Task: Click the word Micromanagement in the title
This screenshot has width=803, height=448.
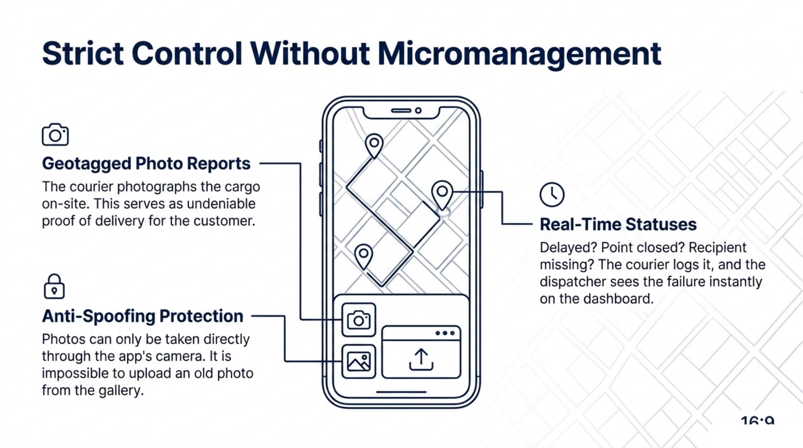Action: (519, 55)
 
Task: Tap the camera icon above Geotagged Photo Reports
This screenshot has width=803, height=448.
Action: (55, 135)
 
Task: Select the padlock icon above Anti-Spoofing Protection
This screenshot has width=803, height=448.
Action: (54, 286)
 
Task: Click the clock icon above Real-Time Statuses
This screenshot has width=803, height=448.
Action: (552, 195)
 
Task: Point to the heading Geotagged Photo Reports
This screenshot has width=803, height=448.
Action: (146, 164)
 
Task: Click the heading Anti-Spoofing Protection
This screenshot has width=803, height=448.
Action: (143, 316)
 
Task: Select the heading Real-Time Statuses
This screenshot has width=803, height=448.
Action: (618, 224)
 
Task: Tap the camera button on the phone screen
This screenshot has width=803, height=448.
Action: (359, 320)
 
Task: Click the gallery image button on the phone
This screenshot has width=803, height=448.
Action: (359, 361)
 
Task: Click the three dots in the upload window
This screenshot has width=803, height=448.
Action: (445, 333)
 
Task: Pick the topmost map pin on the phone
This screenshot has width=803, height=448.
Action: (374, 145)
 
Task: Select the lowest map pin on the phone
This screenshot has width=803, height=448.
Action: (363, 256)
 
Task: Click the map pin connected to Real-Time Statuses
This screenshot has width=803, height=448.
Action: (442, 195)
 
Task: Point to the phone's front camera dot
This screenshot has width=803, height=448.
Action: (418, 110)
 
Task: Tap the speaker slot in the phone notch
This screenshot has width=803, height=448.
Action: (401, 110)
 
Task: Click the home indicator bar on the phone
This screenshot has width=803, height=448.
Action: (401, 392)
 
